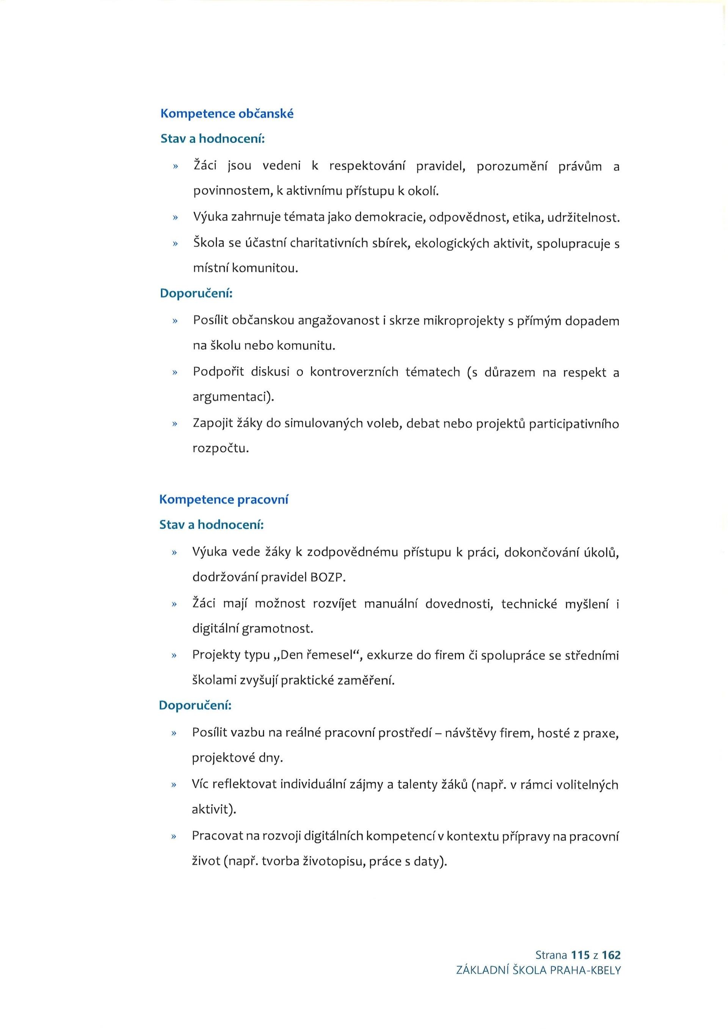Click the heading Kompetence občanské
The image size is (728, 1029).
click(x=227, y=114)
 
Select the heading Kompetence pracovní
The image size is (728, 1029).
click(x=224, y=500)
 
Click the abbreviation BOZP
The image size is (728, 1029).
click(x=327, y=577)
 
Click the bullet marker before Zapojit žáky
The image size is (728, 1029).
click(x=175, y=423)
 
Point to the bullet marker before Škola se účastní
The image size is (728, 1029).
click(x=175, y=244)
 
